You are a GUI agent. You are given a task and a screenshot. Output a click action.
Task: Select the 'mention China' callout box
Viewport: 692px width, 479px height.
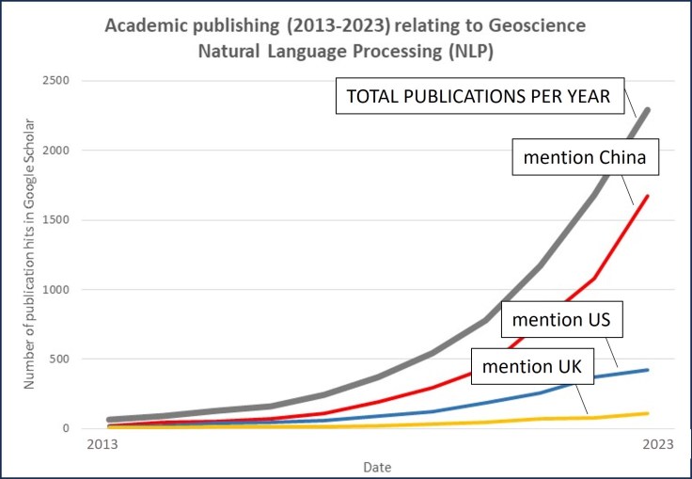[x=584, y=157]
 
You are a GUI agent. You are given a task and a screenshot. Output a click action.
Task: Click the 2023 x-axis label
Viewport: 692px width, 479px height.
[x=655, y=445]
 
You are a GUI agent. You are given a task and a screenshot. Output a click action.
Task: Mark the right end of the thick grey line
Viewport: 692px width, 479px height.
[x=647, y=111]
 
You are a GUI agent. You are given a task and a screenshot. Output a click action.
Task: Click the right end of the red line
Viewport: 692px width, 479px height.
[x=648, y=196]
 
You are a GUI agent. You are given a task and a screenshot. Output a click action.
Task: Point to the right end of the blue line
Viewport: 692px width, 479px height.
[x=648, y=370]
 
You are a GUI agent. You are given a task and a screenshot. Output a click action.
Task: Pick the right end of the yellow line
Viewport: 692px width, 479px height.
[x=648, y=413]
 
